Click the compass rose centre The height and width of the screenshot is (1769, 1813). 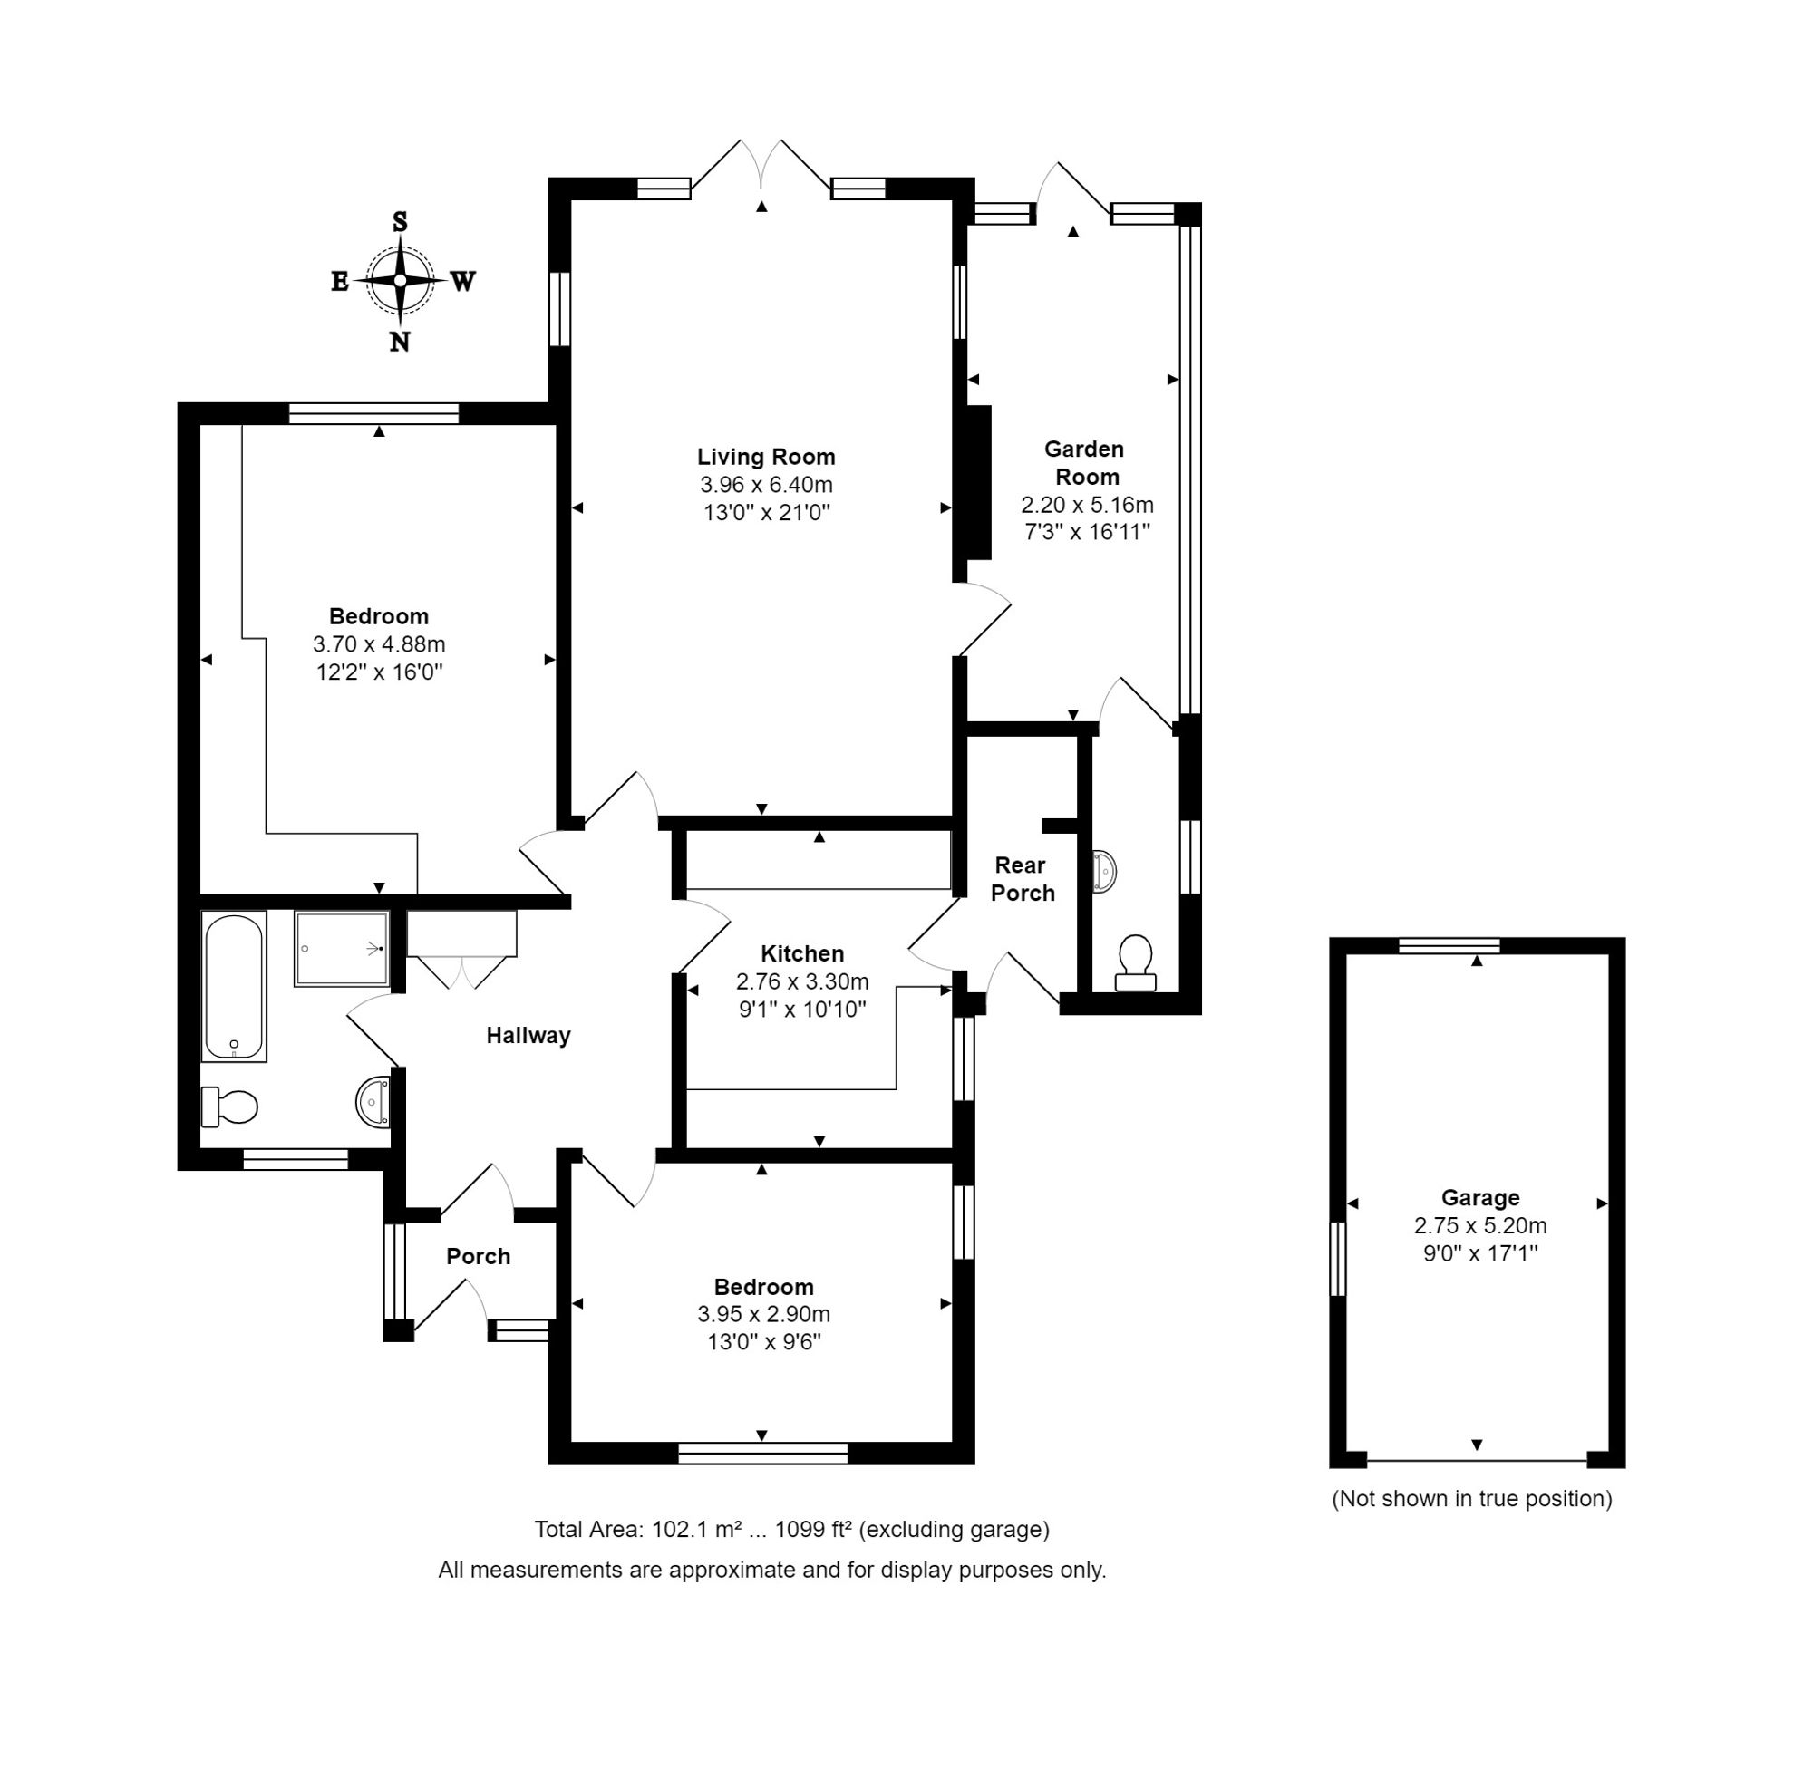400,280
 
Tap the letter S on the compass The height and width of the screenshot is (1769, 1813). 400,221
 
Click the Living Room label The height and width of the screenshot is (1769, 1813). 766,456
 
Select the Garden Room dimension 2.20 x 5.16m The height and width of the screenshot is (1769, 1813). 1086,505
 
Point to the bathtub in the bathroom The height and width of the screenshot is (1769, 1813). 233,986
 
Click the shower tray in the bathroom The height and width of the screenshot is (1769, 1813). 341,949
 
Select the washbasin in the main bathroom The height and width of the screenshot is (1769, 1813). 373,1103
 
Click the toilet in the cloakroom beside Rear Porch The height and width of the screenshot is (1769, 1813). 1135,963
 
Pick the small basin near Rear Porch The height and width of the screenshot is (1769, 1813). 1103,872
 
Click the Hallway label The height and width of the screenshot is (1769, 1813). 528,1035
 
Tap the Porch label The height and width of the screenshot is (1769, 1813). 478,1256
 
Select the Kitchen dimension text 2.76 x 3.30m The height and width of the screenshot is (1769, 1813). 802,981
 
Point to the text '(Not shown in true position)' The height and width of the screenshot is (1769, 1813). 1471,1499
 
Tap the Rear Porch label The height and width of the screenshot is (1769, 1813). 1023,879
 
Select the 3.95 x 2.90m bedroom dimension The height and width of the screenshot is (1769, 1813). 763,1314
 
